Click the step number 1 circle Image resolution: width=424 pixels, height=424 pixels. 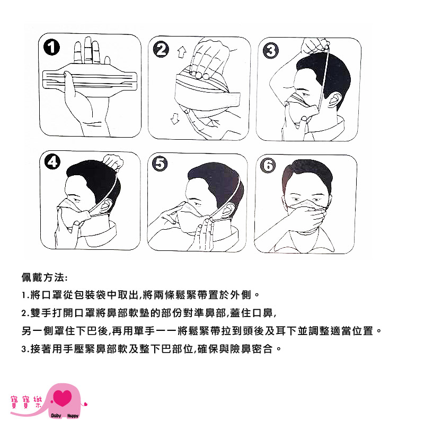coord(51,47)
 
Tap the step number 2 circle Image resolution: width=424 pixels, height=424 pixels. coord(161,49)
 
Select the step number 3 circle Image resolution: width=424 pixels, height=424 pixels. coord(271,50)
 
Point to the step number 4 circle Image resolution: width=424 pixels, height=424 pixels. coord(52,161)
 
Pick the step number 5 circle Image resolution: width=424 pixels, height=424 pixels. coord(160,164)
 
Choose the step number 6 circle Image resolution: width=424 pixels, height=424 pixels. coord(268,165)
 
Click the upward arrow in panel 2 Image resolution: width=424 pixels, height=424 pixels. coord(182,52)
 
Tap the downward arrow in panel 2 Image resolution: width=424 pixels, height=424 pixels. coord(175,119)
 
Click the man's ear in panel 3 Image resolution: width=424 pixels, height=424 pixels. coord(334,100)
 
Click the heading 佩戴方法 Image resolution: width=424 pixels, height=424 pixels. coord(45,277)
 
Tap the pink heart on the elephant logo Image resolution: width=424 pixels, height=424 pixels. coord(63,397)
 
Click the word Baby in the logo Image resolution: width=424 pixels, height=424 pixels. coord(56,416)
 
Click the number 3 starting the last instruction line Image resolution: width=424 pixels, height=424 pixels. coord(24,349)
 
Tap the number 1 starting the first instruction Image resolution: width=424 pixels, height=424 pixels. coord(24,295)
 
